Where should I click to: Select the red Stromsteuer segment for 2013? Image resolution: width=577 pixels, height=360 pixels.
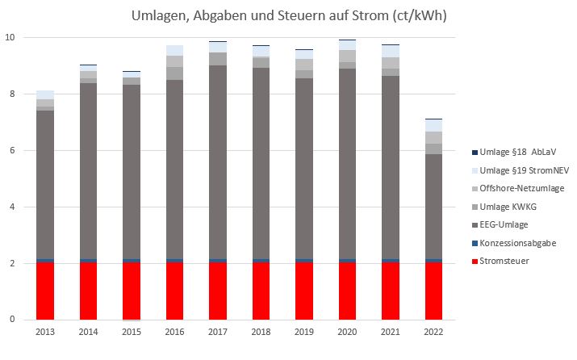coord(45,291)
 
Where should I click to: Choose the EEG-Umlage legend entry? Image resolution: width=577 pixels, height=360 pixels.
coord(508,224)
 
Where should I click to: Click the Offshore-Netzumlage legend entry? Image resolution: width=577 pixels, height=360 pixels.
coord(521,188)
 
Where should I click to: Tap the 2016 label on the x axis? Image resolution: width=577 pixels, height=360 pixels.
coord(175,331)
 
